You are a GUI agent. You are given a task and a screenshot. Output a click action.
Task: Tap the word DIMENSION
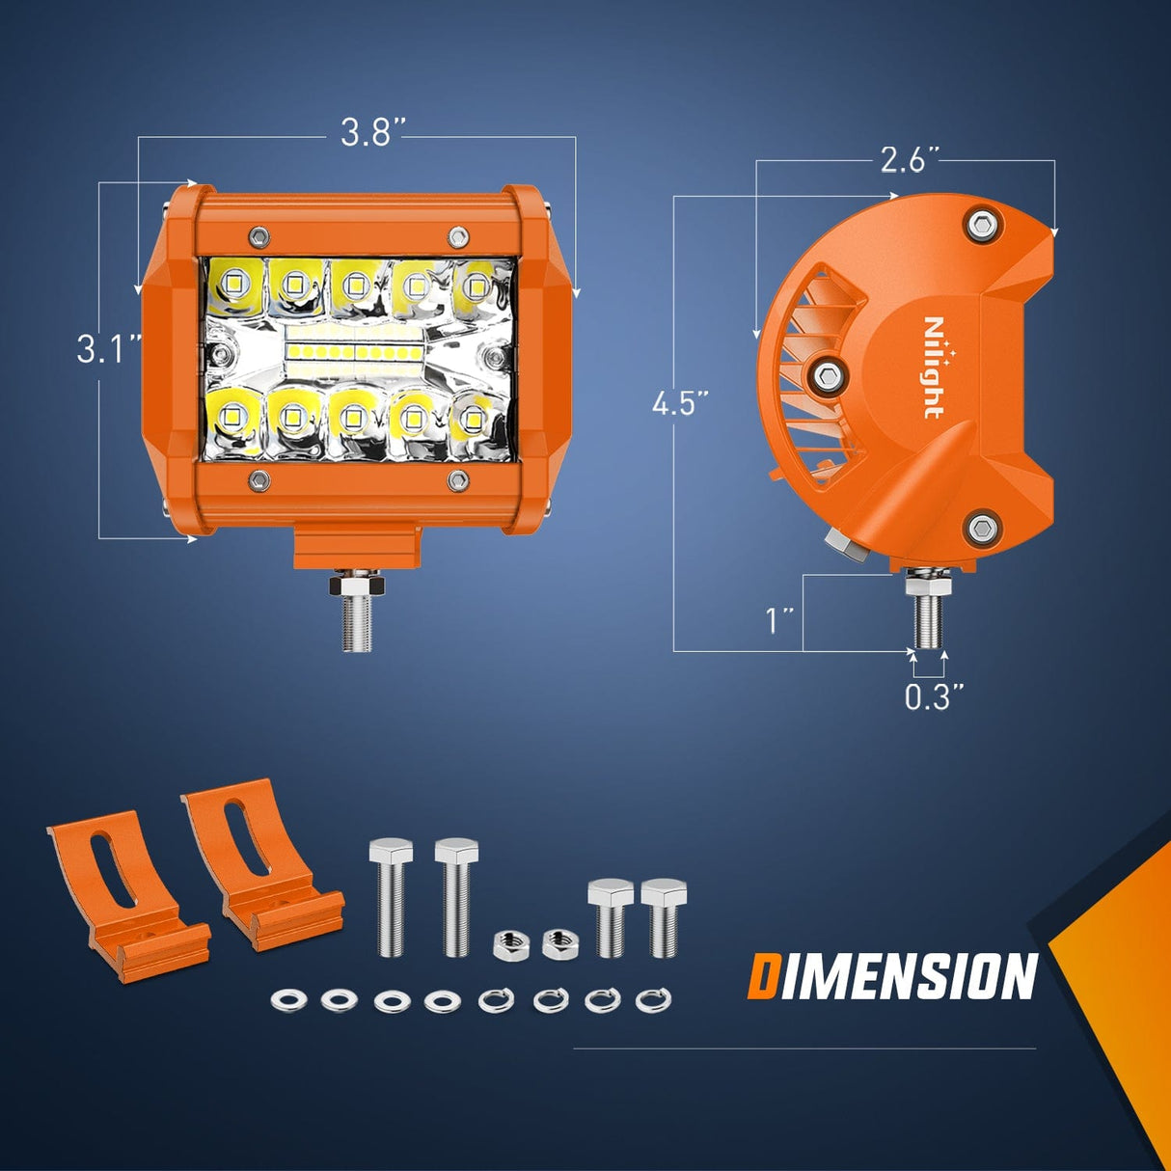tap(891, 976)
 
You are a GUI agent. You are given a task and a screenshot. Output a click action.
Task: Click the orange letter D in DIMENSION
tap(763, 976)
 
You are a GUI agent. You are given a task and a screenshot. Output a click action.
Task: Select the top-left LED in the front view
tap(233, 283)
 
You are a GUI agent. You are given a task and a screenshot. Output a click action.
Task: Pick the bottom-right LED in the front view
tap(473, 419)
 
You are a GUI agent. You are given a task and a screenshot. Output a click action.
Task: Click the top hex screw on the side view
tap(981, 225)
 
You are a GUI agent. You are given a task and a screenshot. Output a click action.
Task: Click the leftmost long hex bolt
tap(391, 897)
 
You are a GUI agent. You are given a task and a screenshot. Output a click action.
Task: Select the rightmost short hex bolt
tap(663, 916)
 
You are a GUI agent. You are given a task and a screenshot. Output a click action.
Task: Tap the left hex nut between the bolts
tap(507, 944)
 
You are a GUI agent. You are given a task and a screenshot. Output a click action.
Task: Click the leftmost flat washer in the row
tap(288, 999)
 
